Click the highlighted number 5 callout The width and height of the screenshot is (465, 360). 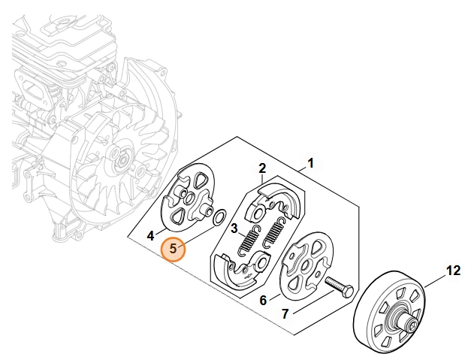(173, 249)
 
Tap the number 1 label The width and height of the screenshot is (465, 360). (310, 163)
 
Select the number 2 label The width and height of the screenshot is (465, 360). (262, 169)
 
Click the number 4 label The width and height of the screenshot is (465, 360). (151, 236)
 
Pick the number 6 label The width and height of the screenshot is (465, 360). (263, 301)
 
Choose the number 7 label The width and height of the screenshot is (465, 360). (285, 313)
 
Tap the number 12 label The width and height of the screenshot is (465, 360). (454, 271)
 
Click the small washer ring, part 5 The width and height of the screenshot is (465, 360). (220, 218)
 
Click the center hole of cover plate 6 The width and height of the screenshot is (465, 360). (304, 265)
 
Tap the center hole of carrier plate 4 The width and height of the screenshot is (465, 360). (189, 198)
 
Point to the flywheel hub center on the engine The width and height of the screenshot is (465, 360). (122, 161)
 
